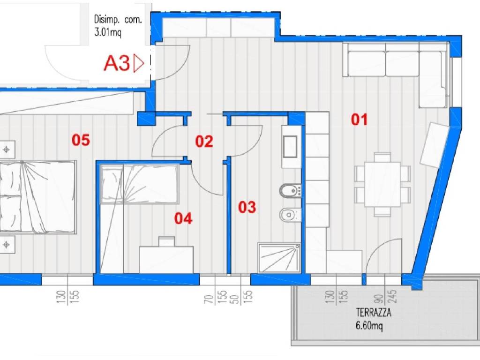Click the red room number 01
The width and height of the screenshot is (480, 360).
pyautogui.click(x=359, y=120)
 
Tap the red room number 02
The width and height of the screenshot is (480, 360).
pyautogui.click(x=204, y=142)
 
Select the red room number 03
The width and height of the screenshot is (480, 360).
pyautogui.click(x=247, y=207)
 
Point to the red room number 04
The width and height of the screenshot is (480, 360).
pyautogui.click(x=183, y=218)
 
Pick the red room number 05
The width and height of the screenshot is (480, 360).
pyautogui.click(x=81, y=140)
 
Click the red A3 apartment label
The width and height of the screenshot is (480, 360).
pyautogui.click(x=117, y=63)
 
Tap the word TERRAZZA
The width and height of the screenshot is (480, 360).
pyautogui.click(x=374, y=313)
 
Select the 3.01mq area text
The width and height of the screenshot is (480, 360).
pyautogui.click(x=107, y=32)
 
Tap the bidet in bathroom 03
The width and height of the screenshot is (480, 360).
pyautogui.click(x=290, y=191)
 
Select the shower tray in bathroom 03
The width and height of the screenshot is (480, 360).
pyautogui.click(x=279, y=258)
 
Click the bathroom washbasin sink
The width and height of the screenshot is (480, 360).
pyautogui.click(x=290, y=147)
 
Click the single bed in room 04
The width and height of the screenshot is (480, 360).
pyautogui.click(x=140, y=184)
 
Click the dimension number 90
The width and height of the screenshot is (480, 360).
pyautogui.click(x=378, y=299)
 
